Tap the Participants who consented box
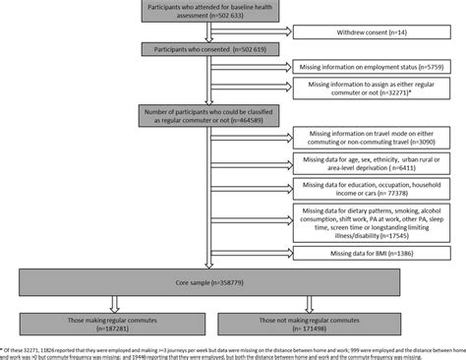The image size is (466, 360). [204, 48]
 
